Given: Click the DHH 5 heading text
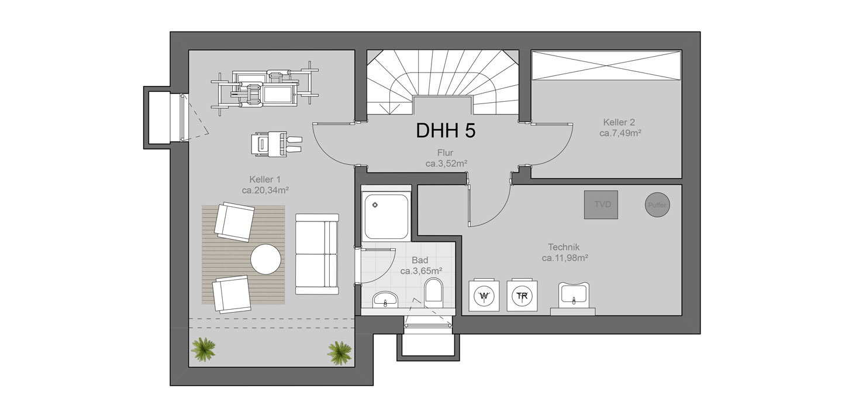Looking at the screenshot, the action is [446, 130].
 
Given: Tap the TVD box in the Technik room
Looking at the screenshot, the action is [601, 204].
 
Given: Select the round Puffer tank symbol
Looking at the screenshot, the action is [657, 205].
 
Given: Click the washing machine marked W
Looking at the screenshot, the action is [484, 295].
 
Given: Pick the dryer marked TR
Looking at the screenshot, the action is [522, 295].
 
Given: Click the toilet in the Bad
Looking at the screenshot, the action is [433, 290].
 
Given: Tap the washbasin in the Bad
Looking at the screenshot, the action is [385, 299].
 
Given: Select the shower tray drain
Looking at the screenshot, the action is [375, 205].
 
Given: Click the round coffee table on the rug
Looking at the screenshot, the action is [265, 259].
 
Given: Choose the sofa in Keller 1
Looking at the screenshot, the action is [317, 254].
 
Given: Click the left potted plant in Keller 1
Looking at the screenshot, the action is [203, 349].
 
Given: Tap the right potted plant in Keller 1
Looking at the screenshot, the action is [339, 353].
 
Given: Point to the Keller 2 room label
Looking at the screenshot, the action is [619, 122].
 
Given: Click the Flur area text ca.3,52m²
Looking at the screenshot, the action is [447, 164].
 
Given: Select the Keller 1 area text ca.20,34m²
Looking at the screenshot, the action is [265, 190].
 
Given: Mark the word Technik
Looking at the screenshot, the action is [564, 247].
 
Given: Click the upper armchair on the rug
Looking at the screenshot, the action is [234, 221].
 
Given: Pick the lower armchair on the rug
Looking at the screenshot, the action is [231, 294].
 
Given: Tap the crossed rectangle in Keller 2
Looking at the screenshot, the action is [607, 65].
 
